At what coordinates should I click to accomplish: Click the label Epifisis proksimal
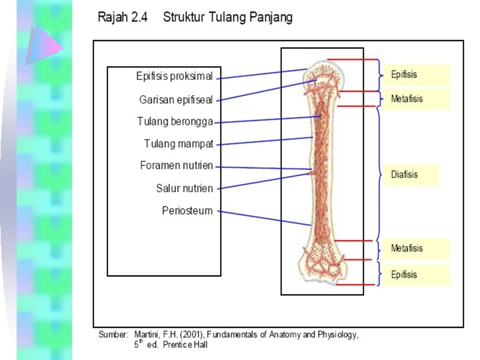174,76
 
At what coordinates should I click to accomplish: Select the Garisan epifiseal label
176,99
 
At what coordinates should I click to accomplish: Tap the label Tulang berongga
175,121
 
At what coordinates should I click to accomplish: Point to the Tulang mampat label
179,143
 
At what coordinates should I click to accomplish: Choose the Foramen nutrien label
177,165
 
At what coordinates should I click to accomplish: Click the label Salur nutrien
185,188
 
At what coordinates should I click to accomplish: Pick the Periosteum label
187,211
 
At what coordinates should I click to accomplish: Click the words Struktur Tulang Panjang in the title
227,17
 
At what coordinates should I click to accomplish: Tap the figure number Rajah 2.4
123,17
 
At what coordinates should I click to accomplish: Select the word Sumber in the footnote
113,335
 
